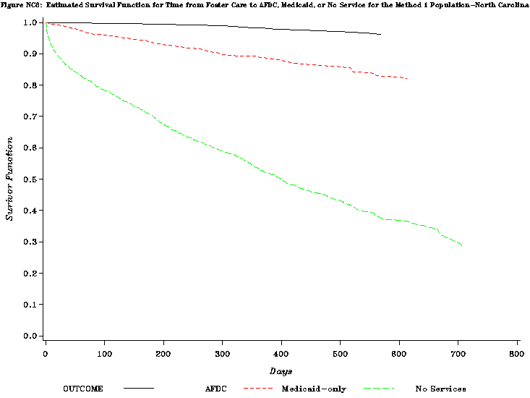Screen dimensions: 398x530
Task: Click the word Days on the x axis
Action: (x=281, y=371)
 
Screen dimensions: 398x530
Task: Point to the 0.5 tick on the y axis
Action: (x=30, y=179)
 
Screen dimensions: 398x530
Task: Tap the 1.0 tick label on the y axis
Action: (x=30, y=22)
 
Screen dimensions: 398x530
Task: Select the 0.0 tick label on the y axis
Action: (x=30, y=336)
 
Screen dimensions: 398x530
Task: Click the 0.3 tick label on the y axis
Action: (x=30, y=242)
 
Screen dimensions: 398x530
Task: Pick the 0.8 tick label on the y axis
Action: (x=30, y=85)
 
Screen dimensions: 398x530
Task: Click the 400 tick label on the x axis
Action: (x=281, y=354)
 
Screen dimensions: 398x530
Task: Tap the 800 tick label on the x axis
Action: (x=517, y=354)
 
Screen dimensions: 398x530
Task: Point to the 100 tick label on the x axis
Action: (x=104, y=354)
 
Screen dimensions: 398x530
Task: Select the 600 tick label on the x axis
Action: (x=399, y=354)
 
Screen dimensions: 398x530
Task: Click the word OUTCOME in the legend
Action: (x=83, y=389)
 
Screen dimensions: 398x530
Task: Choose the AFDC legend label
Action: (x=217, y=389)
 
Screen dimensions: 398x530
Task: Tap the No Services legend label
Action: (x=440, y=389)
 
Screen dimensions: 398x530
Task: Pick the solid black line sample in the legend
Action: (x=138, y=389)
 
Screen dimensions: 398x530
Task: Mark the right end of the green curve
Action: (x=462, y=245)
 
